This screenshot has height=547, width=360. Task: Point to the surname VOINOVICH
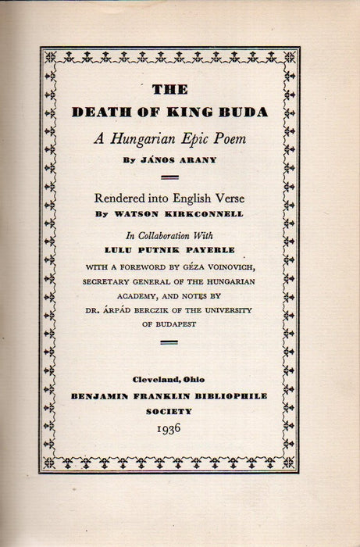[x=237, y=268]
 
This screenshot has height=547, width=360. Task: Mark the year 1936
[x=169, y=428]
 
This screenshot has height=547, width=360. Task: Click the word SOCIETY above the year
[x=169, y=411]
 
